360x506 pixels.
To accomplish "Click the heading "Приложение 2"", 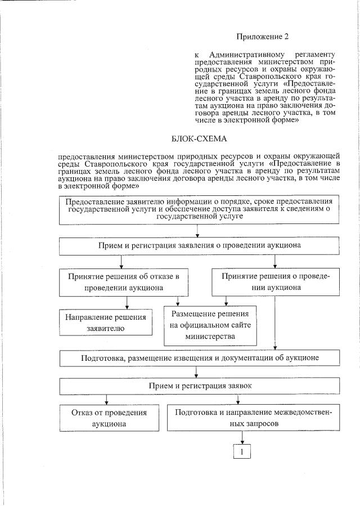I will click(x=262, y=37).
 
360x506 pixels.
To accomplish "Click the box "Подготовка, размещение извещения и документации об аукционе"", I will click(x=200, y=358).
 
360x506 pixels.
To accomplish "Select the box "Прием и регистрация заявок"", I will click(x=200, y=386).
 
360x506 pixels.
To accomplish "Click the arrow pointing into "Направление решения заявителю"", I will click(x=127, y=304).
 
